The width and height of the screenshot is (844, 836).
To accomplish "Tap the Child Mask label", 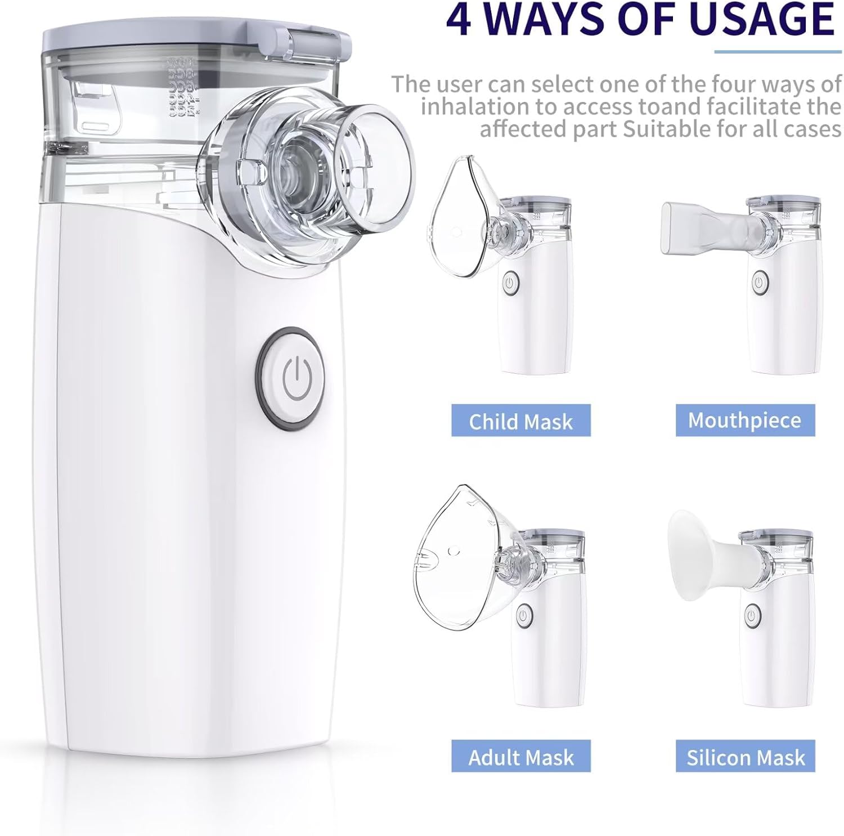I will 520,421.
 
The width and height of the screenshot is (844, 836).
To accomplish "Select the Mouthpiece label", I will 744,420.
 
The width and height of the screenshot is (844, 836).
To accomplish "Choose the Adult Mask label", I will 520,757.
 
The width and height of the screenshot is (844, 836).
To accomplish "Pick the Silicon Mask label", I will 745,757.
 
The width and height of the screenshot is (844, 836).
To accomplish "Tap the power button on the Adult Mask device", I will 524,615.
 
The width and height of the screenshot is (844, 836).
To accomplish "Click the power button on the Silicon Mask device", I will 751,615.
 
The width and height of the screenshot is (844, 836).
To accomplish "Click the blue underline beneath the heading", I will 778,52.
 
